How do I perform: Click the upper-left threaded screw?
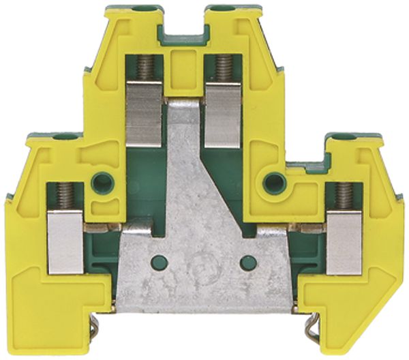(x=145, y=67)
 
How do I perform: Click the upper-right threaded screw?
(x=222, y=67)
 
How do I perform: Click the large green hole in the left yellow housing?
(x=102, y=181)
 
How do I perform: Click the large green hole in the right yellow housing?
(x=274, y=181)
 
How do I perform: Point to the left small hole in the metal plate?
(x=159, y=260)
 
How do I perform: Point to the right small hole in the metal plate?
(x=249, y=260)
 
